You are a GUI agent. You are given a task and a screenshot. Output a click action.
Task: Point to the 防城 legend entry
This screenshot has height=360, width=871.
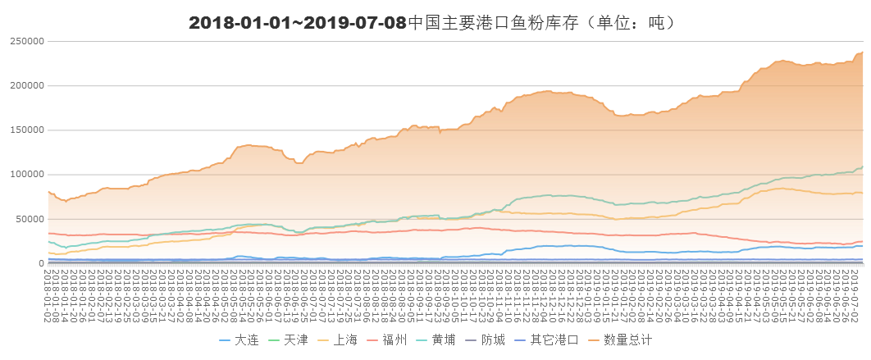click(x=493, y=339)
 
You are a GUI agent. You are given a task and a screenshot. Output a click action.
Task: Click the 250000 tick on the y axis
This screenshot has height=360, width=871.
click(x=26, y=41)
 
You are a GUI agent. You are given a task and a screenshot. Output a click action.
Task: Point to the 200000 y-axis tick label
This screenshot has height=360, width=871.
click(x=26, y=85)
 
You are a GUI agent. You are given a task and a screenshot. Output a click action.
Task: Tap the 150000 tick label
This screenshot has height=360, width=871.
click(x=26, y=130)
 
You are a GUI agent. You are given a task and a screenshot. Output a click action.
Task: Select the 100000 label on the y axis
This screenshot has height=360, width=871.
click(x=26, y=175)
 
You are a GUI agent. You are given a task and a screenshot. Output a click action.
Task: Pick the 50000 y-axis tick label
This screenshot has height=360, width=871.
click(x=29, y=219)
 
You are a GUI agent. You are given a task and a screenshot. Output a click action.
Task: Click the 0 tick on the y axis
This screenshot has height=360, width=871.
click(x=40, y=263)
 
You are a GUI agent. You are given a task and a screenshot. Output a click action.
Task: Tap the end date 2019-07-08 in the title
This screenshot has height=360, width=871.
click(x=354, y=23)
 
